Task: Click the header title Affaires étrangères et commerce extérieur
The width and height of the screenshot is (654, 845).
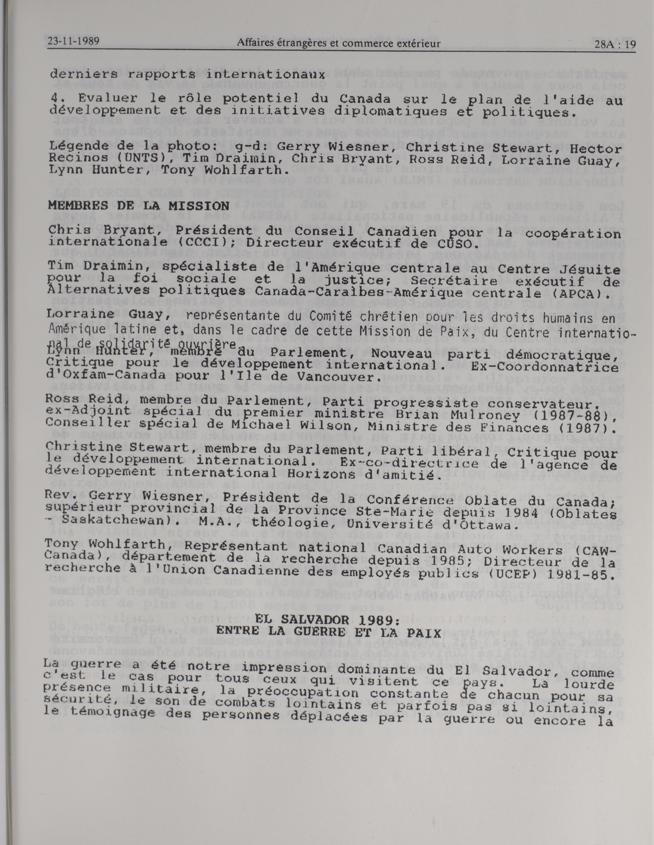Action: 338,43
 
